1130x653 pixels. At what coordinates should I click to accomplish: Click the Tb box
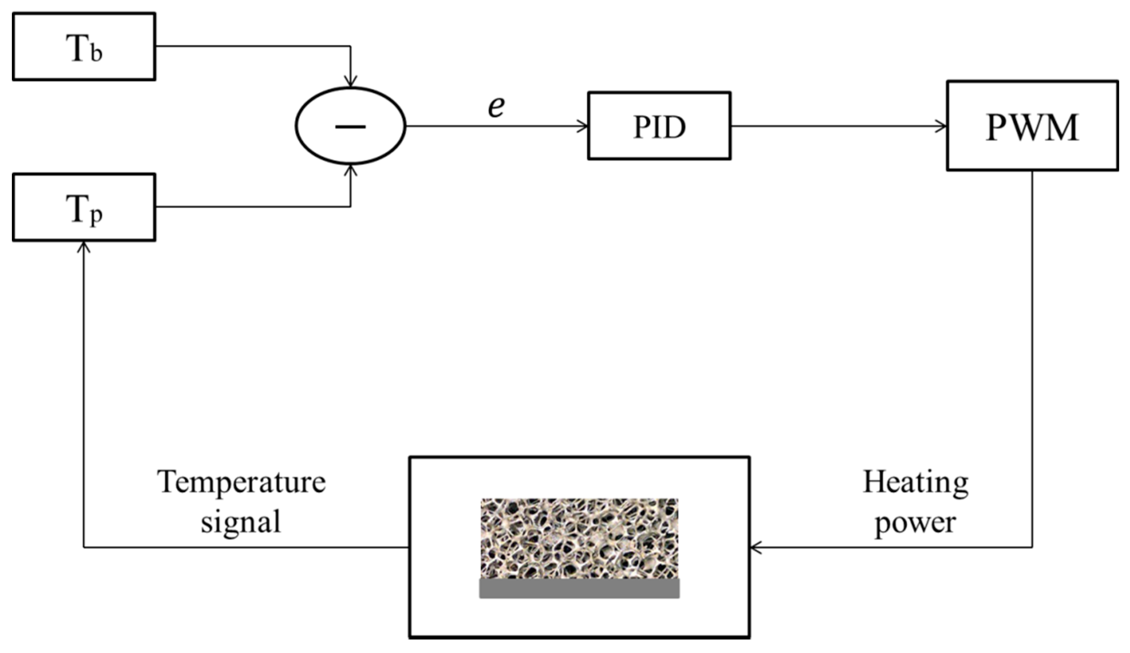tap(84, 47)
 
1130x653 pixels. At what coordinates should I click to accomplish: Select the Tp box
tap(84, 207)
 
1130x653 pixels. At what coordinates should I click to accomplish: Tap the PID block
tap(659, 126)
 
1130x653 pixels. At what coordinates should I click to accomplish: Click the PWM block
tap(1031, 126)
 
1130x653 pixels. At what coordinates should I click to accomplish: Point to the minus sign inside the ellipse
tap(351, 127)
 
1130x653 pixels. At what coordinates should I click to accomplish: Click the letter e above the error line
tap(496, 107)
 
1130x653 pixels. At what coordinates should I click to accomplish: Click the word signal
tap(241, 522)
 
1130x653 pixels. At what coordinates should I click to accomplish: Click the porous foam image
tap(579, 538)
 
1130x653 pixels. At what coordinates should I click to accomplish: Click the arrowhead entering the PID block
tap(583, 126)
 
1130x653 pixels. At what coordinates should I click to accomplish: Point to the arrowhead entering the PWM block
tap(942, 126)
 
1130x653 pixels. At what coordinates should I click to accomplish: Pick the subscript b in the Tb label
tap(97, 53)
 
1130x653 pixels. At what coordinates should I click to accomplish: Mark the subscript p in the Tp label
tap(97, 216)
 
